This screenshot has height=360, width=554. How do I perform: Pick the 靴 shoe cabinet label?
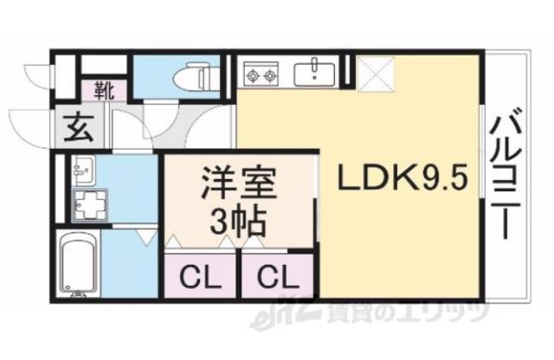pyautogui.click(x=102, y=88)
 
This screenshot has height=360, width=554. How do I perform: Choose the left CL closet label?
pyautogui.click(x=198, y=279)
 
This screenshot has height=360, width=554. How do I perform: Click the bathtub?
pyautogui.click(x=78, y=261)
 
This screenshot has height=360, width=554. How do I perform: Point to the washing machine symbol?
pyautogui.click(x=87, y=206)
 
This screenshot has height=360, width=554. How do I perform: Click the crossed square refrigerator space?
pyautogui.click(x=373, y=73)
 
